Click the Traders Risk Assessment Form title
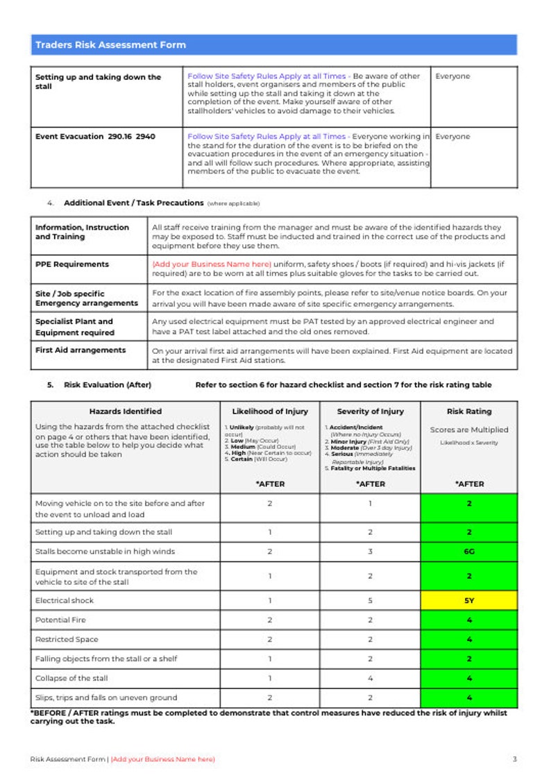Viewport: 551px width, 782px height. [110, 45]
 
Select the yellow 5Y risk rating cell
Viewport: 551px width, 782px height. [469, 601]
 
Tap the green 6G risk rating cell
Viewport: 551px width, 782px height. [469, 552]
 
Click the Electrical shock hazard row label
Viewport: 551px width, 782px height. [64, 601]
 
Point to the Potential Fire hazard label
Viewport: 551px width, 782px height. [60, 620]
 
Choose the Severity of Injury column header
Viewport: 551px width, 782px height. [370, 411]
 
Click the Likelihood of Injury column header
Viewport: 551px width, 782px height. [270, 411]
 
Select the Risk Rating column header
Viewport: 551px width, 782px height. [469, 411]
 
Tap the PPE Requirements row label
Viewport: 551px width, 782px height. [72, 264]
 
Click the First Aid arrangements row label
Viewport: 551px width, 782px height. [80, 350]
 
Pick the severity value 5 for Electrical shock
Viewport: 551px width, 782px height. [370, 601]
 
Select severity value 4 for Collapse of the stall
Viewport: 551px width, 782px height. [370, 679]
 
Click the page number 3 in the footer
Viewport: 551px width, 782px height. [514, 759]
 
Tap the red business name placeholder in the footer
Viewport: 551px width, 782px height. [163, 759]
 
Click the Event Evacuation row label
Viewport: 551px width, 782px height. [95, 137]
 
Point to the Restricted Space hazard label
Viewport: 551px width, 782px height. [67, 640]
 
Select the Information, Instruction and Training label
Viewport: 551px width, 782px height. [82, 232]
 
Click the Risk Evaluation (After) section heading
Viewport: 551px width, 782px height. [107, 385]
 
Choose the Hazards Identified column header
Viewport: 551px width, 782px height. [126, 411]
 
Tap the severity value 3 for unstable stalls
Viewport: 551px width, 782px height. [370, 552]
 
